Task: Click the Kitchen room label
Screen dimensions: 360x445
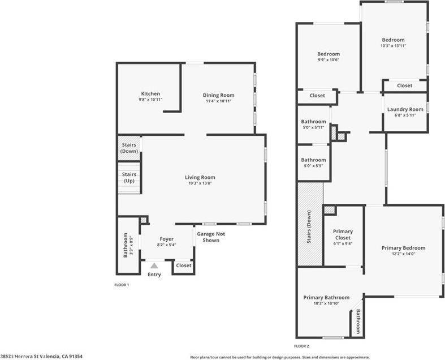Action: click(x=150, y=93)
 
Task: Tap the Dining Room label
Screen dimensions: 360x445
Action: click(x=218, y=95)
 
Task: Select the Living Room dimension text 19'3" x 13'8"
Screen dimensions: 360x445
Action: click(x=200, y=183)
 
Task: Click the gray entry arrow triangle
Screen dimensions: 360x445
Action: click(x=154, y=265)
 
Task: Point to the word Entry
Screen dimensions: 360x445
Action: click(x=154, y=275)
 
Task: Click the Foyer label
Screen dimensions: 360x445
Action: click(x=166, y=239)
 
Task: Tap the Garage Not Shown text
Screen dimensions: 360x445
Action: click(x=208, y=237)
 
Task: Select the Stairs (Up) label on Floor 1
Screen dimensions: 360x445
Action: click(x=129, y=177)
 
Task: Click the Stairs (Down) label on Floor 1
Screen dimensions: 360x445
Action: click(x=129, y=148)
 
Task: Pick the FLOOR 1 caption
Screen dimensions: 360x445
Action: click(x=122, y=285)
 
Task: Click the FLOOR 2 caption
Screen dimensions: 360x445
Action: click(x=302, y=345)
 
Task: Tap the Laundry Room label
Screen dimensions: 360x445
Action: click(x=405, y=109)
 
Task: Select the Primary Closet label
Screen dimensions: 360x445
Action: click(x=343, y=234)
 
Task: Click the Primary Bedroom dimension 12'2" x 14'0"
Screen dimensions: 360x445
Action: click(x=403, y=254)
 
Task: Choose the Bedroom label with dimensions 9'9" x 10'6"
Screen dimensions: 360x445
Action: click(x=328, y=54)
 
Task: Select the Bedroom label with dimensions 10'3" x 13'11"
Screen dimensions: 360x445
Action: click(x=393, y=40)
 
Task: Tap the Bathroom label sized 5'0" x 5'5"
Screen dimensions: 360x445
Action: click(x=313, y=160)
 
